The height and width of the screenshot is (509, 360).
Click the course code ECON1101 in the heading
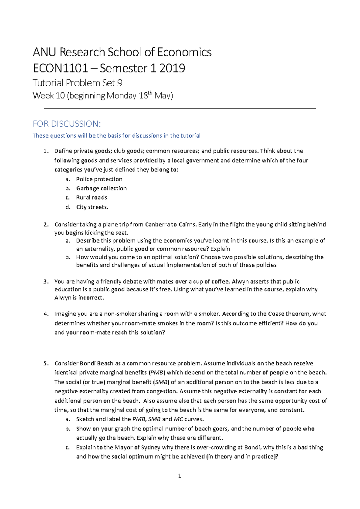60,68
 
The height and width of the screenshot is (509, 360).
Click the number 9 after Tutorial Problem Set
120,83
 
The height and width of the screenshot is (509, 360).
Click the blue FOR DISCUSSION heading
67,124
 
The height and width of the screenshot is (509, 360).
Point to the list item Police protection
99,179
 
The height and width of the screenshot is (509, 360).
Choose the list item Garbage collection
101,188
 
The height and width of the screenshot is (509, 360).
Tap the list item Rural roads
91,198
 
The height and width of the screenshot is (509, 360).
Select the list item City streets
92,207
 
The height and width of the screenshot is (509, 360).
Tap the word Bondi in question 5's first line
88,363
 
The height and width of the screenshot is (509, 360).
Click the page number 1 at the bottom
179,476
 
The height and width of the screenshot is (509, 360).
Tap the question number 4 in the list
46,314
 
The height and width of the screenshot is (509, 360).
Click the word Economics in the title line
184,52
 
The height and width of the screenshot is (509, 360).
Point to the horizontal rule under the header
180,109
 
